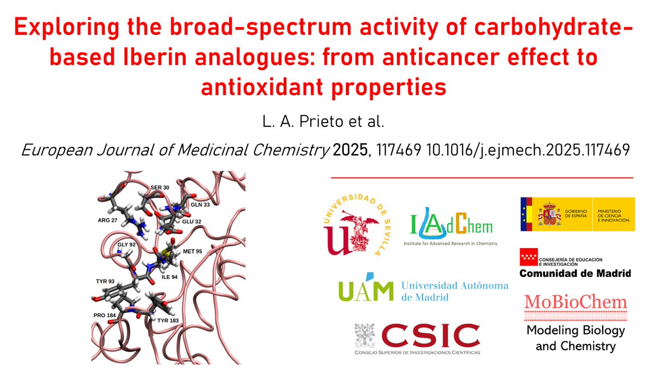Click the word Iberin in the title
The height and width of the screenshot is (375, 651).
pyautogui.click(x=127, y=56)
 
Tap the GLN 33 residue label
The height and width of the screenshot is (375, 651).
pyautogui.click(x=200, y=205)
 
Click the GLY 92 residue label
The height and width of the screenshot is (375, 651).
pyautogui.click(x=126, y=245)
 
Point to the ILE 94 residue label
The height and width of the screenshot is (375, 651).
pyautogui.click(x=169, y=277)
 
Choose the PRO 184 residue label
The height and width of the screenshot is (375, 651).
pyautogui.click(x=104, y=314)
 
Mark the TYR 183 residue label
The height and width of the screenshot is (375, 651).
pyautogui.click(x=168, y=321)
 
